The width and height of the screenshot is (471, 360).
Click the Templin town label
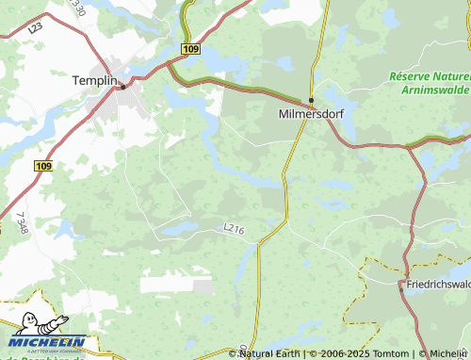pyautogui.click(x=93, y=81)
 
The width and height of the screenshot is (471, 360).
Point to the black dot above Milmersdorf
pyautogui.click(x=311, y=100)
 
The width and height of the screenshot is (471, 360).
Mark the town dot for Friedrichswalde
pyautogui.click(x=401, y=289)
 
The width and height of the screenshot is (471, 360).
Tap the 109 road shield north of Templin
pyautogui.click(x=191, y=48)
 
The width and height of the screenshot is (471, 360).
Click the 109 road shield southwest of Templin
pyautogui.click(x=43, y=165)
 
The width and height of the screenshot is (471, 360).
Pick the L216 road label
pyautogui.click(x=235, y=228)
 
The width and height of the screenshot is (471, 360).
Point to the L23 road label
pyautogui.click(x=36, y=29)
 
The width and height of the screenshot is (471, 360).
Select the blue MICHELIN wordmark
pyautogui.click(x=49, y=342)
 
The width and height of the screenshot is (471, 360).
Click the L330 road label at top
pyautogui.click(x=77, y=9)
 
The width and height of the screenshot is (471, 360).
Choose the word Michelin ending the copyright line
pyautogui.click(x=449, y=353)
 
